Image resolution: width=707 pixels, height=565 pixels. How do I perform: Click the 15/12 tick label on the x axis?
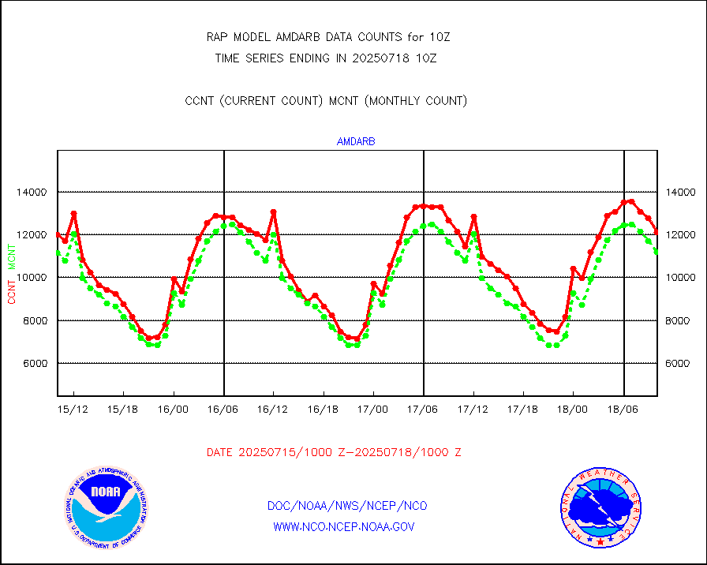click(73, 410)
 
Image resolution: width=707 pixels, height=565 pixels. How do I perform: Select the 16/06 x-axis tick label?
click(223, 410)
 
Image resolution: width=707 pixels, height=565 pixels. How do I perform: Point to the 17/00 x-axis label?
click(373, 410)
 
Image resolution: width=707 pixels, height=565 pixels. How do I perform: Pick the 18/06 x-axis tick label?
click(623, 410)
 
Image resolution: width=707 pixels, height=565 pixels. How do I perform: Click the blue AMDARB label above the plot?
click(356, 142)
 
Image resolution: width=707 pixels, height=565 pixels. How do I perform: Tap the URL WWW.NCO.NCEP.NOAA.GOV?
click(344, 526)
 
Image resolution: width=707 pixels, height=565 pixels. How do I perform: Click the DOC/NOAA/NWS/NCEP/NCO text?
click(347, 506)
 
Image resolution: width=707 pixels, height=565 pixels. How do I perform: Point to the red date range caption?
click(334, 452)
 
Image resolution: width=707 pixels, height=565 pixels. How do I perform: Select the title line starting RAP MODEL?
click(327, 37)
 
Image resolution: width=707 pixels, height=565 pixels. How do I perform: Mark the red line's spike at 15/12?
click(73, 213)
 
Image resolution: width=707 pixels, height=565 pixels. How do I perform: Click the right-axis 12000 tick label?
click(679, 235)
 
